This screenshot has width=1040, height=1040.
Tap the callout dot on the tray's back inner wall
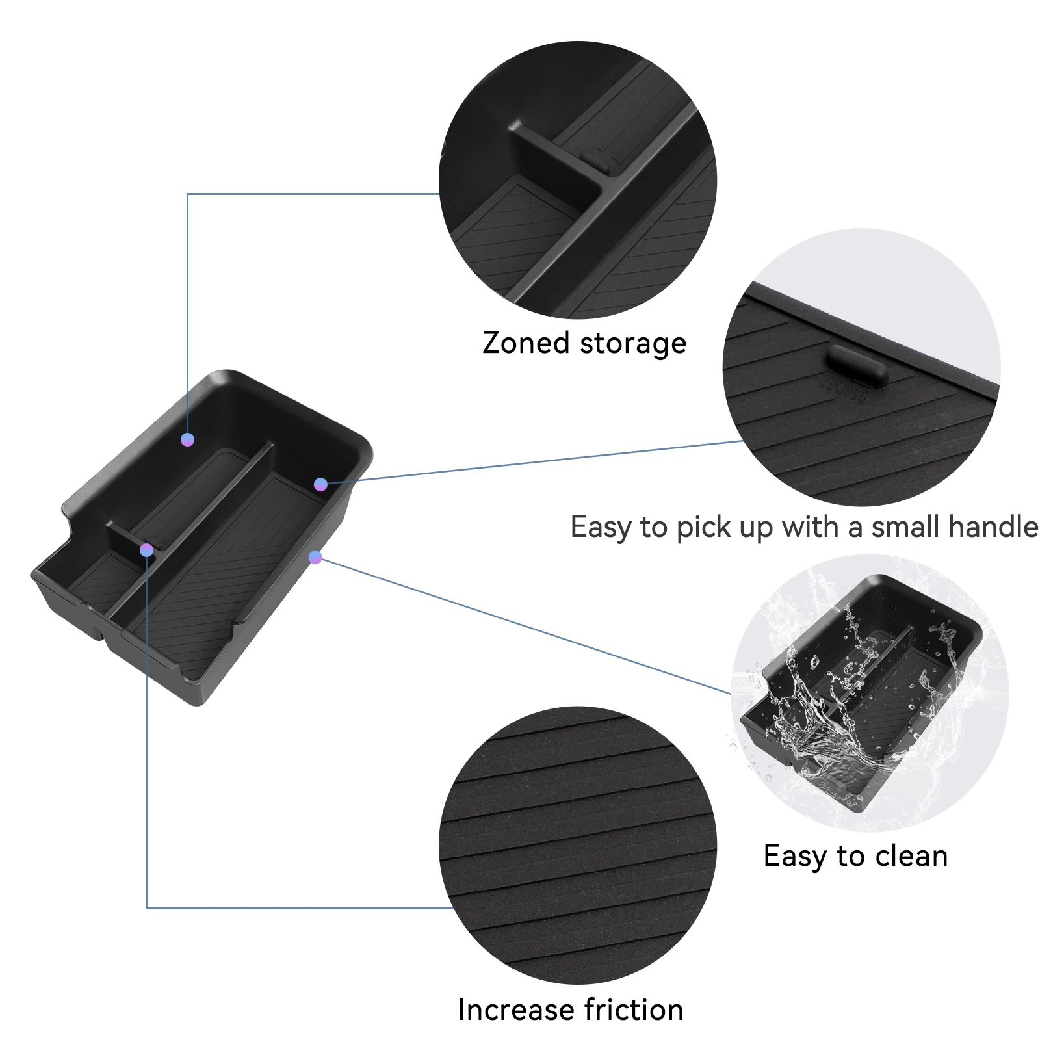click(x=188, y=440)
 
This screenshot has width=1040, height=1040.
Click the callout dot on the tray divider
click(x=147, y=551)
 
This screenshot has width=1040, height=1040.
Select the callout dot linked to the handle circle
click(x=320, y=484)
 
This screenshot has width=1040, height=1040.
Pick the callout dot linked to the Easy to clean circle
click(x=316, y=557)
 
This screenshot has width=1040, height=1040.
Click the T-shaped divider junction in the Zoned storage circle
click(x=601, y=188)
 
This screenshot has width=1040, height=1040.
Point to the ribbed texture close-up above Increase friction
click(x=578, y=845)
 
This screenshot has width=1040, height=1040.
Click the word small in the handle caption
click(x=899, y=527)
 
